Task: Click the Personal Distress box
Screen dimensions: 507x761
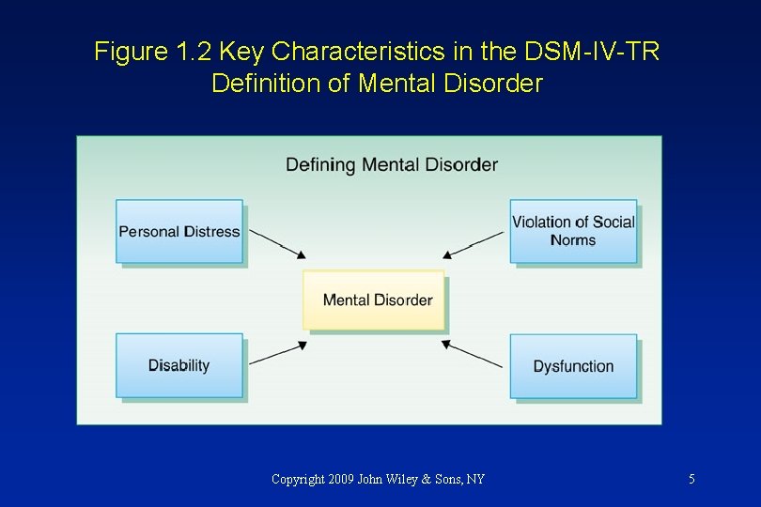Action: (x=179, y=231)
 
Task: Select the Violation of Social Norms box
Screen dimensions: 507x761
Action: (x=573, y=231)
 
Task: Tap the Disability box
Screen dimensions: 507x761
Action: (x=179, y=365)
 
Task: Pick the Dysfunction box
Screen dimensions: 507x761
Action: (x=573, y=366)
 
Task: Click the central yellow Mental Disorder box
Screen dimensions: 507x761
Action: (x=374, y=300)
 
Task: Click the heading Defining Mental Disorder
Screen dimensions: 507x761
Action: (x=392, y=164)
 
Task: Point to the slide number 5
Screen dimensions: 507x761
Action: (x=691, y=479)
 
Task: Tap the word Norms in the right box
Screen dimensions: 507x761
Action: (x=573, y=240)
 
